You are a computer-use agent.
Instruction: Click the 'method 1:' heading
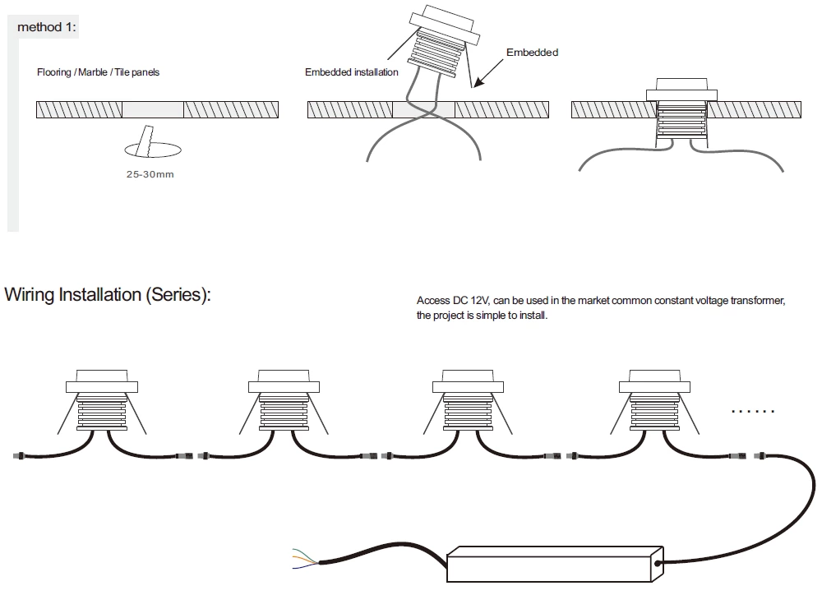[47, 27]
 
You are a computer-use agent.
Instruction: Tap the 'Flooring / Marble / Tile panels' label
[98, 72]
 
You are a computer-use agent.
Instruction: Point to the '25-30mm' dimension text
[150, 174]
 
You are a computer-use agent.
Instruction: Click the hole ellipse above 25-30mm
[153, 150]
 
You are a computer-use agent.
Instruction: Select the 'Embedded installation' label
[351, 72]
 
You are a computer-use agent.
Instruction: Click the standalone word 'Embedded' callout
[532, 53]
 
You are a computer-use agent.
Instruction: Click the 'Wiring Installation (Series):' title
[108, 295]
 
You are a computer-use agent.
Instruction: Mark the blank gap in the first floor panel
[153, 109]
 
